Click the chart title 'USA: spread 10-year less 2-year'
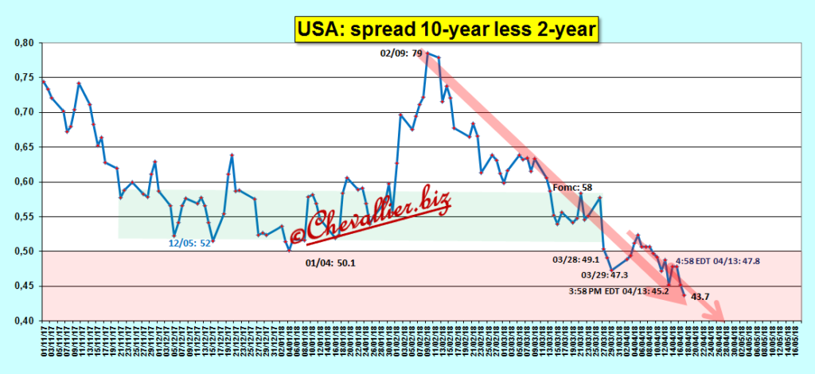[x=447, y=30]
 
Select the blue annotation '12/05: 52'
[x=189, y=243]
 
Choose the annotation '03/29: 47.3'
[x=606, y=275]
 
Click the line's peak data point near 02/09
[x=427, y=53]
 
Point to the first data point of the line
[x=43, y=81]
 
